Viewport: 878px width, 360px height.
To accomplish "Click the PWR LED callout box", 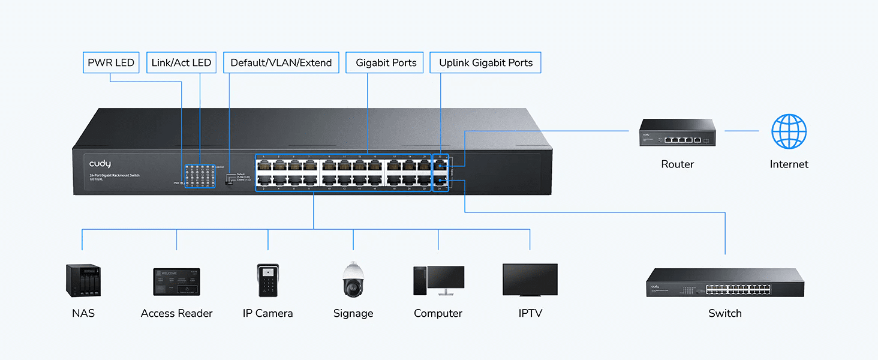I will [x=111, y=62].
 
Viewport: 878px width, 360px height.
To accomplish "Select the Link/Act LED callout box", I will [x=181, y=62].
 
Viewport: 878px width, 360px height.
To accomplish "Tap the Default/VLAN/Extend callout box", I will [x=281, y=62].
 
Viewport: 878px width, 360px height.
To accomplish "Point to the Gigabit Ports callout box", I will [x=386, y=62].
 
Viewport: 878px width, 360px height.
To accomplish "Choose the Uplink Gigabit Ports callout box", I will [x=486, y=62].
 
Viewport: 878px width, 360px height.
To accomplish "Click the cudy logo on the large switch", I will [x=100, y=164].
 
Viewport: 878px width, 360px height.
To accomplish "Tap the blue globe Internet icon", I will [x=789, y=131].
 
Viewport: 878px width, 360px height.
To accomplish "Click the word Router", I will [x=677, y=164].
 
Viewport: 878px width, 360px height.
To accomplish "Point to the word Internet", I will [x=789, y=164].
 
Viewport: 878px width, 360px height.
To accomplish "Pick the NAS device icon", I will [x=83, y=281].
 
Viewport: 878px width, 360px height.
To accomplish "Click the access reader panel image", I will [x=176, y=281].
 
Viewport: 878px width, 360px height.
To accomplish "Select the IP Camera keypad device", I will [x=267, y=280].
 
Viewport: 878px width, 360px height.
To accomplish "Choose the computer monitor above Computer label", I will [x=445, y=280].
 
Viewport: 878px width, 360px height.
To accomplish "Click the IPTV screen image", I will [x=530, y=279].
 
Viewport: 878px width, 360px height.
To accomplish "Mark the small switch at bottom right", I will [x=724, y=283].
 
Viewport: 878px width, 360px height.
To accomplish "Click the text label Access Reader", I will [x=176, y=313].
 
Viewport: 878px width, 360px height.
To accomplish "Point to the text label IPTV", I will [x=530, y=313].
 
